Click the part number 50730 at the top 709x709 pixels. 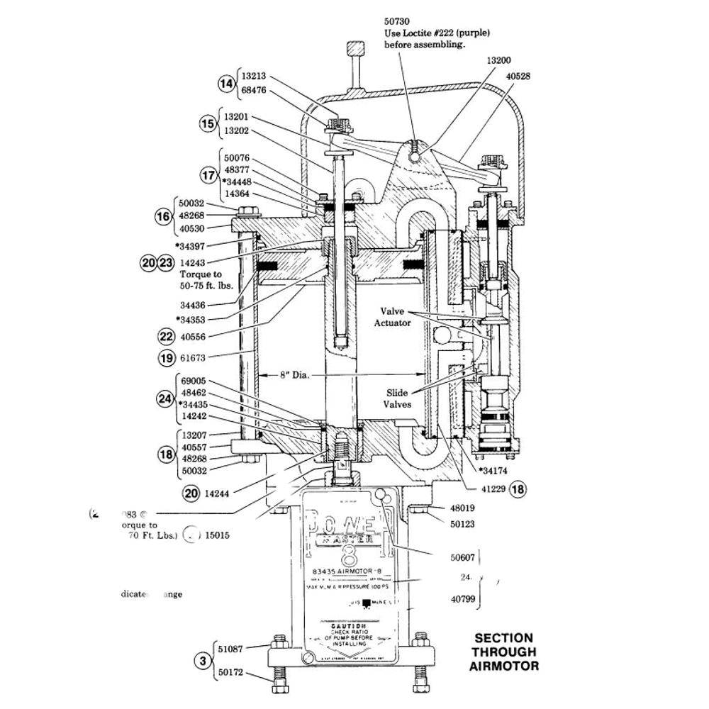pos(396,22)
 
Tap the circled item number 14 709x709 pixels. pos(226,84)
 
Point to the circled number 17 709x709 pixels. pos(208,175)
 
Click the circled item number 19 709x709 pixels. pos(167,358)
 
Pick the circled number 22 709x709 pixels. pos(167,337)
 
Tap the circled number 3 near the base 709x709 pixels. pos(203,661)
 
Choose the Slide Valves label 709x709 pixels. pos(398,398)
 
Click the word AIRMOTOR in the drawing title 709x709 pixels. pos(503,666)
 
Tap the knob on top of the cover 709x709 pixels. pos(352,51)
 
